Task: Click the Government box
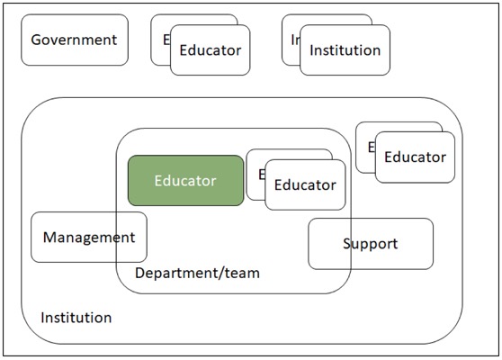click(x=75, y=40)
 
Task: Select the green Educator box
click(x=185, y=181)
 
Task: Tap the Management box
click(x=89, y=238)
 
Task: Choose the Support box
click(x=371, y=244)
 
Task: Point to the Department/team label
click(x=197, y=274)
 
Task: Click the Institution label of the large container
click(x=76, y=318)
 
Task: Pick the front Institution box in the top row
click(x=345, y=50)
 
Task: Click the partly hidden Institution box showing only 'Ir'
click(x=291, y=40)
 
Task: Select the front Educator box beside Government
click(x=211, y=50)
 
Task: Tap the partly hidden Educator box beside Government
click(x=160, y=40)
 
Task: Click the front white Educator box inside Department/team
click(x=305, y=184)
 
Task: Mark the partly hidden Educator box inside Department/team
click(x=255, y=175)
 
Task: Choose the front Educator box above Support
click(x=416, y=157)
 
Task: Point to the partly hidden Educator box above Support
click(x=365, y=148)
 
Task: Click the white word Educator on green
click(x=185, y=181)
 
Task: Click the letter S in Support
click(x=347, y=244)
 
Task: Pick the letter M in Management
click(x=50, y=238)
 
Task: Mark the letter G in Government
click(x=37, y=40)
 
